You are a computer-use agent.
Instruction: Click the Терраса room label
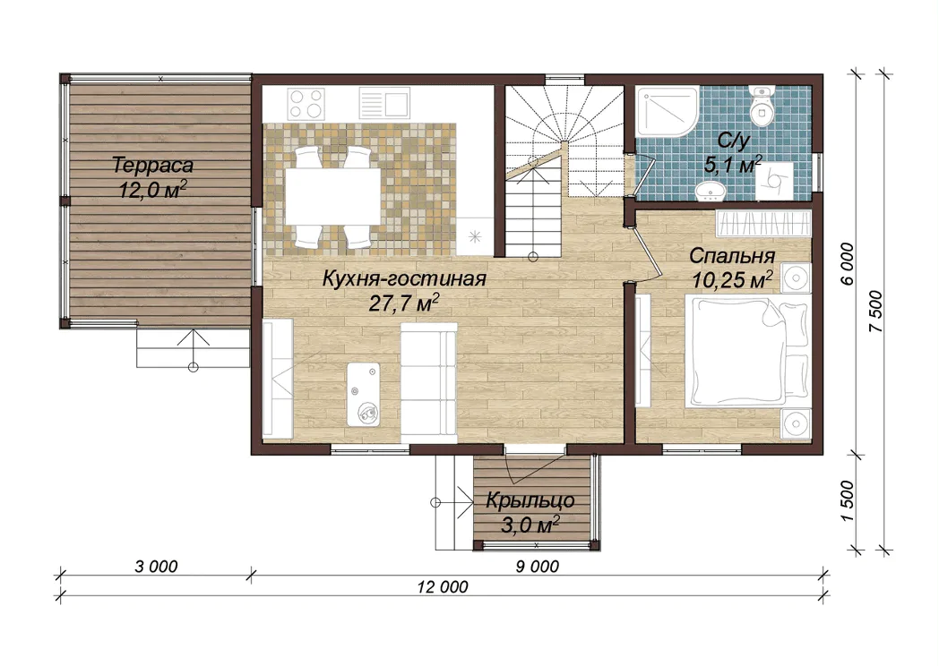pos(152,166)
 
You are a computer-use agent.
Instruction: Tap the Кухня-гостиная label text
pos(403,279)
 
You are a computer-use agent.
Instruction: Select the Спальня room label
pos(732,256)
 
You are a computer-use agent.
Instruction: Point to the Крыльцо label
pos(530,500)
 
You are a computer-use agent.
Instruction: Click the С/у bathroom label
pos(734,141)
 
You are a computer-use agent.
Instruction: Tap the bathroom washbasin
pos(711,191)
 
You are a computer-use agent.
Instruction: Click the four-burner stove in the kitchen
pos(306,104)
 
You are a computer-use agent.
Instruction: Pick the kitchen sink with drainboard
pos(384,104)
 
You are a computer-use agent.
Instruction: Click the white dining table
pos(333,196)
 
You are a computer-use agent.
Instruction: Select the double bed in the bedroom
pos(748,353)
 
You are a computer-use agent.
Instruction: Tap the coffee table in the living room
pos(364,394)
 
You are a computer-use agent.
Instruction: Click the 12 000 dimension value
pos(444,587)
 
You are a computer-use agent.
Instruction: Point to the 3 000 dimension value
pos(156,566)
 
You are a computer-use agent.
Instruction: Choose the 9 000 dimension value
pos(538,566)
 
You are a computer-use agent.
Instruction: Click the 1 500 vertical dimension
pos(847,500)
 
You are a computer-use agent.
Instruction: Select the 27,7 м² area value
pos(403,303)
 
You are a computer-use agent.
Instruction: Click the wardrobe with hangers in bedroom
pos(763,223)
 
